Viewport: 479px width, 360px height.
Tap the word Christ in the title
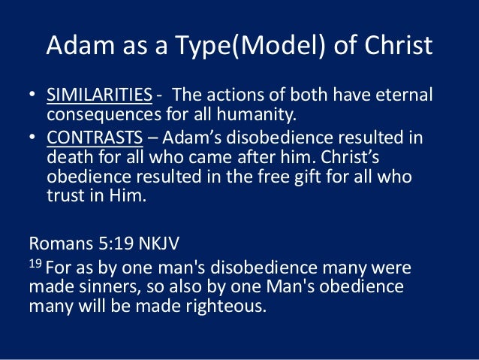click(396, 47)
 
